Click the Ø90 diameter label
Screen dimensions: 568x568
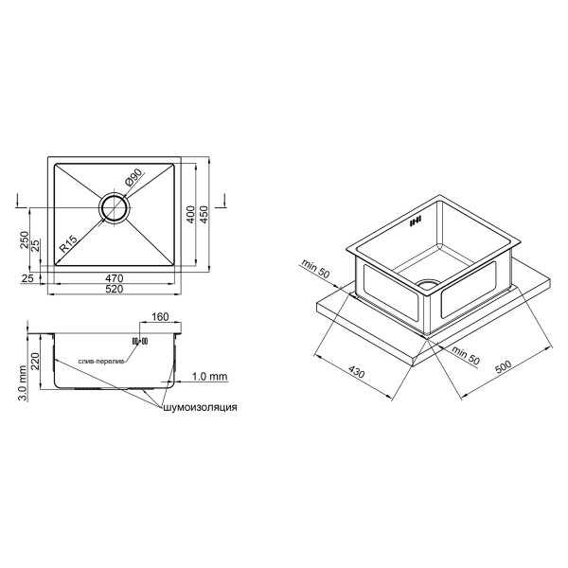[133, 178]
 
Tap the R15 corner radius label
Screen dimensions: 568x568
[68, 244]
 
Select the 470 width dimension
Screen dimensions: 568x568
[115, 278]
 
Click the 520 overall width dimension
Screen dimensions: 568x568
[115, 289]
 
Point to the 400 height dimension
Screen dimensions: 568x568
[190, 215]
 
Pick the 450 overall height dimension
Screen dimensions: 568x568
[204, 215]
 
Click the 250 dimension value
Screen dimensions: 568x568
[25, 240]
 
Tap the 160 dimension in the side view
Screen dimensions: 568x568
[160, 316]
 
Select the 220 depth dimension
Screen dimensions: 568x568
[36, 362]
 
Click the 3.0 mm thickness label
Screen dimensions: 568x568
[23, 383]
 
